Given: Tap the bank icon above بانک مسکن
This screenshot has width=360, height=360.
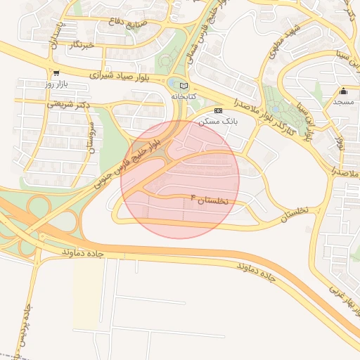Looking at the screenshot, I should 218,110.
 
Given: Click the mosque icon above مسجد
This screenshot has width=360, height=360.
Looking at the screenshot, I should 343,91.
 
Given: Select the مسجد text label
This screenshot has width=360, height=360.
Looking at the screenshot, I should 343,102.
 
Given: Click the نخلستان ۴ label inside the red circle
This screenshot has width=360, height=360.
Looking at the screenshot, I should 210,201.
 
